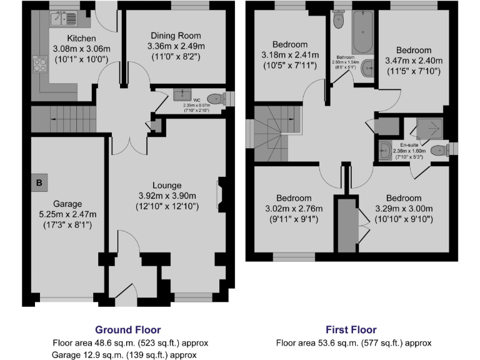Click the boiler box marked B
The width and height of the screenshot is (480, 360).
(x=39, y=183)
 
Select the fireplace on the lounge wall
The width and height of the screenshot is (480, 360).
(x=220, y=194)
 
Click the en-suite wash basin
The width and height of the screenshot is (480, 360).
(x=383, y=149)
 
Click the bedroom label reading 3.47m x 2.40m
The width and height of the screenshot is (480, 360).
(x=413, y=61)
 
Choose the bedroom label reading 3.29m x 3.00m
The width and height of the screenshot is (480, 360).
(x=402, y=209)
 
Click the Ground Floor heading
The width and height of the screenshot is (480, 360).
(x=127, y=329)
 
